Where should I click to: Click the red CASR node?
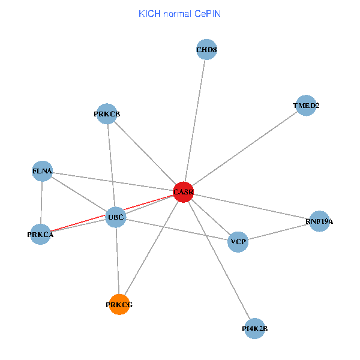coord(183,192)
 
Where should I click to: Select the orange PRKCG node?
coord(119,305)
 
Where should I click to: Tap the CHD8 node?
coord(206,50)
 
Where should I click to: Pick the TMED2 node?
coord(306,106)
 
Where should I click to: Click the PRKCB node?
coord(107,114)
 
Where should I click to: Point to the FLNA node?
coord(42,172)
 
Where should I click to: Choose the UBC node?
coord(115,217)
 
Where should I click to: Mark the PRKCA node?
coord(40,234)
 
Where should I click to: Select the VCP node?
coord(238,242)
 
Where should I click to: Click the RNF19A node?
coord(319,221)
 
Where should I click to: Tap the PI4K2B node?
coord(254,328)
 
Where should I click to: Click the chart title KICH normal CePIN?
coord(179,13)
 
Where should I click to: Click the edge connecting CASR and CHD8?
coord(195,120)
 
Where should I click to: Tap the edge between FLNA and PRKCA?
coord(41,203)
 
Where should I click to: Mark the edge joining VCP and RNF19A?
coord(279,232)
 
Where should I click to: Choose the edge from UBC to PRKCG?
coord(117,261)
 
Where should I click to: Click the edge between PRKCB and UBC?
coord(111,165)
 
